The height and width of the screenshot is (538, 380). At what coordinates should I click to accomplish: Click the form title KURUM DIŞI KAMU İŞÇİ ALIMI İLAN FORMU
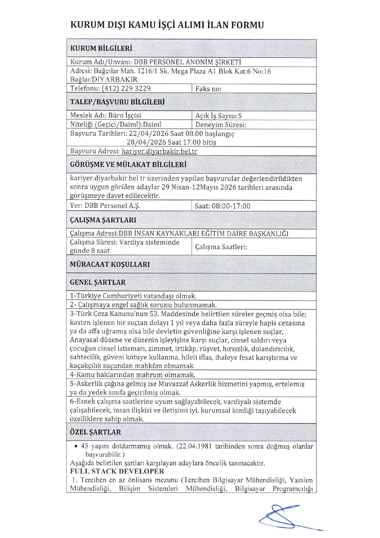167,25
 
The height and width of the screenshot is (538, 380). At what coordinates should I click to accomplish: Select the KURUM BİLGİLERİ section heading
101,48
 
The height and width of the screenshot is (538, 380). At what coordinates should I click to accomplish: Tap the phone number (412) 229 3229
126,89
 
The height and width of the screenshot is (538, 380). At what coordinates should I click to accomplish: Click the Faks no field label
208,89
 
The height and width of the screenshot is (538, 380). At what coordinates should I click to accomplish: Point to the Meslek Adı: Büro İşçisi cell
105,115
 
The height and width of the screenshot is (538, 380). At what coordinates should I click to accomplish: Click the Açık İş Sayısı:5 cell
218,116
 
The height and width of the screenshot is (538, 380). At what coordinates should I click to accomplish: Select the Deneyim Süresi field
221,125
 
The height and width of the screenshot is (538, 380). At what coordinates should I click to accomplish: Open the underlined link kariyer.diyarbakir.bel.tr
159,151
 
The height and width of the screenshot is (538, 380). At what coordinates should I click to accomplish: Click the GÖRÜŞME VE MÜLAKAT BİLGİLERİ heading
128,164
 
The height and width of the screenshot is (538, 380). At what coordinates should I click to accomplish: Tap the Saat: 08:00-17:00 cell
222,206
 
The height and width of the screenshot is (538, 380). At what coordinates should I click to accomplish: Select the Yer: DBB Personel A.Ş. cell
105,206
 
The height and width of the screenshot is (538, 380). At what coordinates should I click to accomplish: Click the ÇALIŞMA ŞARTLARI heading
103,220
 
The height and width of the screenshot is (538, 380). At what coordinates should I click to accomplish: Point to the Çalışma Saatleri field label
221,247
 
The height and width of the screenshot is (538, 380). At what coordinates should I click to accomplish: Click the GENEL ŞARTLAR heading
98,282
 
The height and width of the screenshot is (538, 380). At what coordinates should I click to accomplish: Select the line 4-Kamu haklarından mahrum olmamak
132,375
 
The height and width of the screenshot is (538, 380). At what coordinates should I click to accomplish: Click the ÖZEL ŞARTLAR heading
95,432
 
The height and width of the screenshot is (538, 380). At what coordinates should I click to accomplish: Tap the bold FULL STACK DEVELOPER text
117,471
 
